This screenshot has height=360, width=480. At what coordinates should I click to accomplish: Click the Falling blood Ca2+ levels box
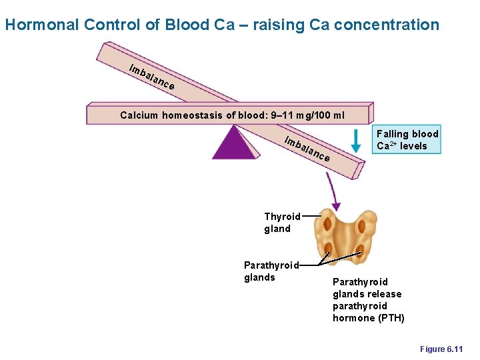coord(407,140)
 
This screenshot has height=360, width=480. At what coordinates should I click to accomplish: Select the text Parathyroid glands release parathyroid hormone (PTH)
coord(368,300)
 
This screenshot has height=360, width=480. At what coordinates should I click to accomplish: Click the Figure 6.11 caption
coord(441,349)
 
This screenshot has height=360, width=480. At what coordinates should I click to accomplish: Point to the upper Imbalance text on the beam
coord(152,77)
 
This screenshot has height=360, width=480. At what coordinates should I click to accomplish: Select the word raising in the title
coord(273,25)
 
